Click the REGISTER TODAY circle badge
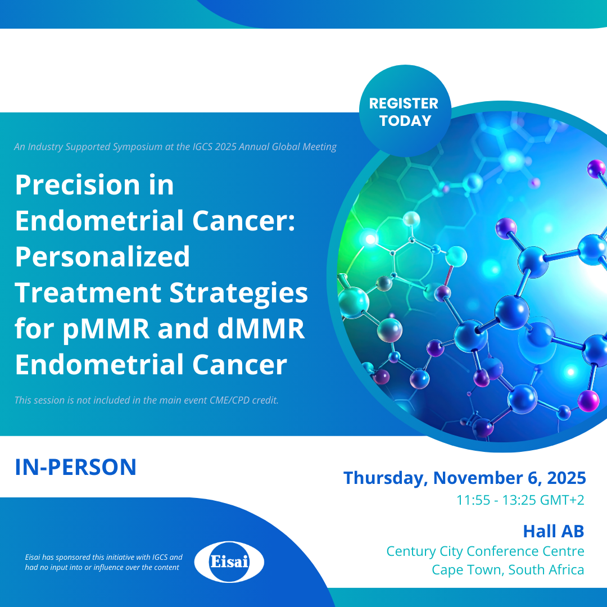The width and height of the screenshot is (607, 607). (x=405, y=111)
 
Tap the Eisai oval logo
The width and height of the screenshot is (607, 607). (x=229, y=561)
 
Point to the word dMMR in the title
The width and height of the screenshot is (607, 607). (x=261, y=328)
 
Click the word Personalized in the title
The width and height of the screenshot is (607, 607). (x=103, y=257)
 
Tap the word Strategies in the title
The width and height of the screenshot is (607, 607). (x=238, y=293)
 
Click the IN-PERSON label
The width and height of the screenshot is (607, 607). (x=75, y=467)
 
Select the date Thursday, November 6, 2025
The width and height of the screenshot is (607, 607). (x=465, y=478)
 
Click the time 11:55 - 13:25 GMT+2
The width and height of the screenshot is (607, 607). (x=520, y=500)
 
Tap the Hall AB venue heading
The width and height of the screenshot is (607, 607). (x=554, y=531)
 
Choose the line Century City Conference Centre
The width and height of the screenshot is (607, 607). (x=486, y=551)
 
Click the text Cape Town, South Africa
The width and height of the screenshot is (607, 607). (x=508, y=570)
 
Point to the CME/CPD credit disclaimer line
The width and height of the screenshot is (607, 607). (x=147, y=400)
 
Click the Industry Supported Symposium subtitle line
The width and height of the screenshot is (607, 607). (x=175, y=147)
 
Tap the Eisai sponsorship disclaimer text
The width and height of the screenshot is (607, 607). (x=104, y=562)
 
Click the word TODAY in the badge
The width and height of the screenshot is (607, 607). (x=405, y=121)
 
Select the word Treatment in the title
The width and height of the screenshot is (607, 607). (x=88, y=293)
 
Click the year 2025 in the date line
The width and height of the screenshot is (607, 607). (x=567, y=478)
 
